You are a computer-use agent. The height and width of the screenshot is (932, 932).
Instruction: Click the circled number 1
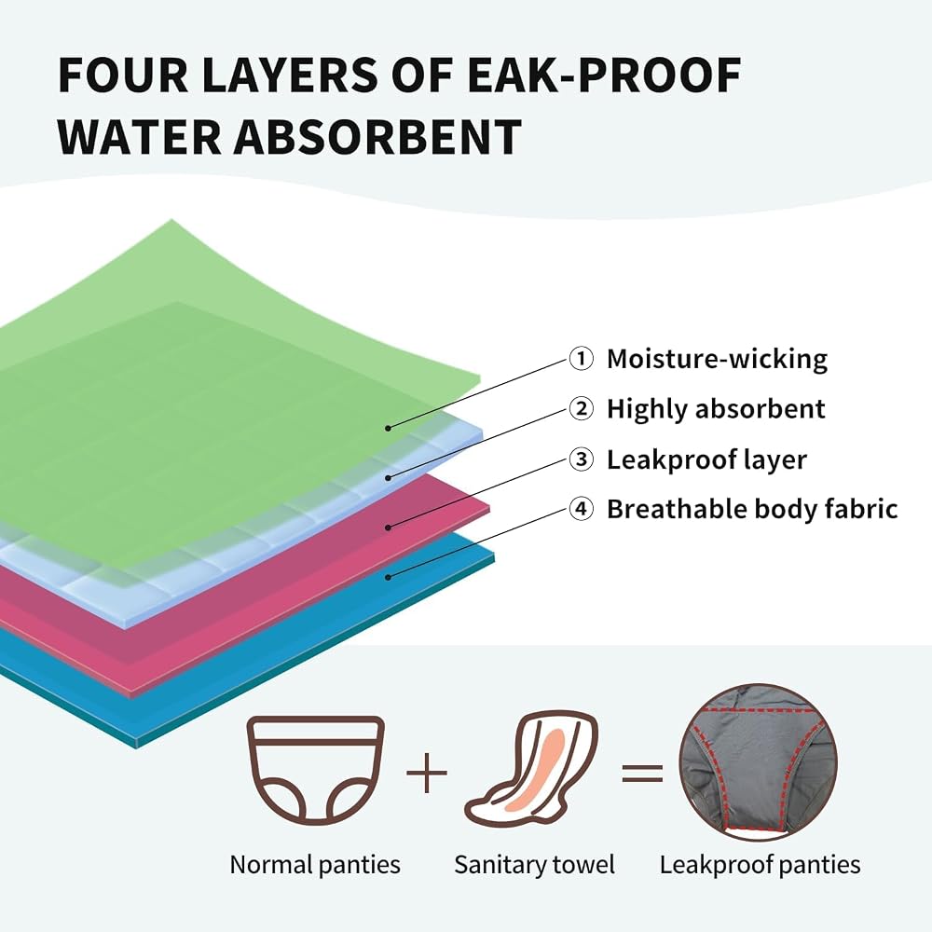(581, 359)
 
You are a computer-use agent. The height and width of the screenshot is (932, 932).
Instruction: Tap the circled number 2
(581, 409)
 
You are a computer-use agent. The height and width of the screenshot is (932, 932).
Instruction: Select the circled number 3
(581, 459)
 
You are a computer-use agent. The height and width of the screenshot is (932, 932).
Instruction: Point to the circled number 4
(581, 509)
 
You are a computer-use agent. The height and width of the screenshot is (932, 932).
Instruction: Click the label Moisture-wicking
(717, 359)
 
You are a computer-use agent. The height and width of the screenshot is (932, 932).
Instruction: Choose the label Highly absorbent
(716, 409)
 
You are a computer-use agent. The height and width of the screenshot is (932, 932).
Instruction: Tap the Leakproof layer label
(706, 460)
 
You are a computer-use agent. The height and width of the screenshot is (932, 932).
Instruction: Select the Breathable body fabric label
(752, 510)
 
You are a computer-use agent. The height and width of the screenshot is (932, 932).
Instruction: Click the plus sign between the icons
(427, 773)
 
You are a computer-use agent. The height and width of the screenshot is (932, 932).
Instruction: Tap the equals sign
(642, 773)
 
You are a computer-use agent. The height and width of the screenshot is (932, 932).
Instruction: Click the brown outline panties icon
(316, 771)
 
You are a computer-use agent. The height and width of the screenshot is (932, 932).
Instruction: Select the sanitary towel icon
(531, 770)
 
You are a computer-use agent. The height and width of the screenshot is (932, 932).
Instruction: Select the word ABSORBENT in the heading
(377, 137)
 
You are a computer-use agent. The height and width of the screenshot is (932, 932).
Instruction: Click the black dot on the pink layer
(388, 528)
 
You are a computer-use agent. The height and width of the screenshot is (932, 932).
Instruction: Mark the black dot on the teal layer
(388, 577)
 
